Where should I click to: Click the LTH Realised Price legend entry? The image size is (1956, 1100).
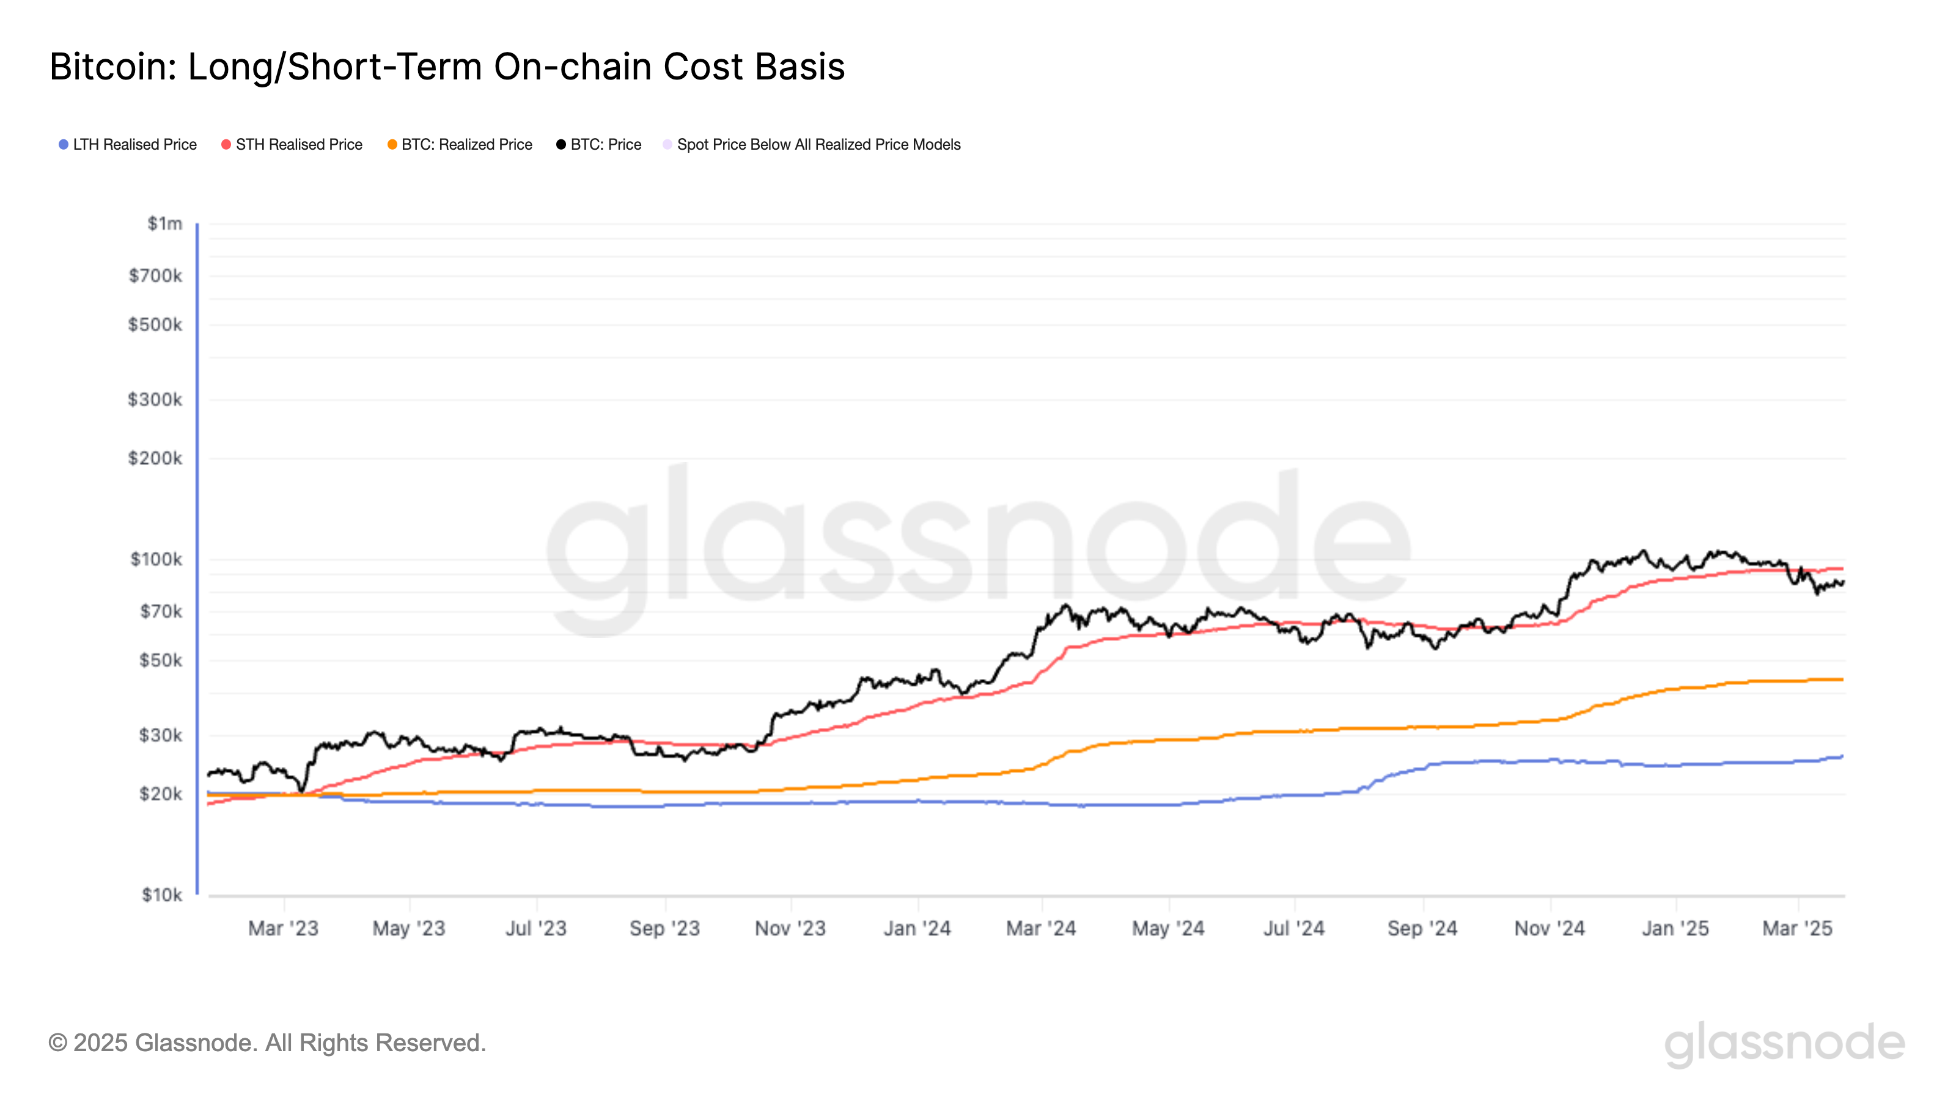click(128, 144)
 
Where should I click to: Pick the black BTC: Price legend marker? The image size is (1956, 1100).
click(561, 144)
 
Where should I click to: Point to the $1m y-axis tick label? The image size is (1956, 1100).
click(165, 223)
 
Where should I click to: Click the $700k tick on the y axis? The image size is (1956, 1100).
click(156, 276)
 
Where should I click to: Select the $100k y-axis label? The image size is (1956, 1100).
click(156, 560)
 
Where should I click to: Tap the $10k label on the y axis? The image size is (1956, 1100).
click(162, 895)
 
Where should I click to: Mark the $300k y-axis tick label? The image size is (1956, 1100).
click(155, 399)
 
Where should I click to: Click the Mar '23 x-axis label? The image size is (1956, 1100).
click(283, 928)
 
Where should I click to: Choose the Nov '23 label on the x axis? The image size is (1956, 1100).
click(790, 928)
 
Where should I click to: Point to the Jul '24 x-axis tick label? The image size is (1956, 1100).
click(1294, 928)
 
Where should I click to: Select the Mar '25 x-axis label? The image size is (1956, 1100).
click(1797, 928)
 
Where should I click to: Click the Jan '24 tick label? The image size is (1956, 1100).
click(917, 928)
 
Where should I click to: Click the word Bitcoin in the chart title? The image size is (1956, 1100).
click(112, 67)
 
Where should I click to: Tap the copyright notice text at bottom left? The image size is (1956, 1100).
click(267, 1043)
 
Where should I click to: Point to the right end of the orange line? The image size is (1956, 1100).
click(1842, 680)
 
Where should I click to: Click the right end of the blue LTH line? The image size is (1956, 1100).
click(1842, 756)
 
